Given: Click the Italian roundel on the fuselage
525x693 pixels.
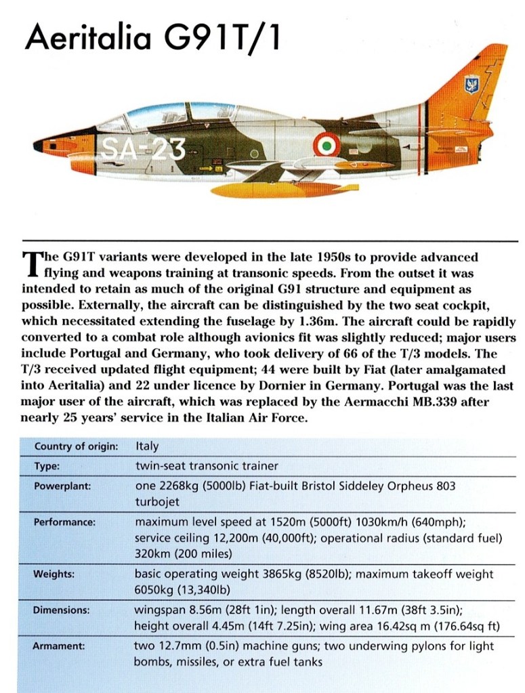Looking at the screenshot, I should coord(327,144).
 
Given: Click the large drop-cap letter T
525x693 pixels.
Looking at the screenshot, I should coord(31,265).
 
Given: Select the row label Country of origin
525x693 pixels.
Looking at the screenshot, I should coord(76,446).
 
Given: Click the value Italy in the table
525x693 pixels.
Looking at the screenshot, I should coord(147,446).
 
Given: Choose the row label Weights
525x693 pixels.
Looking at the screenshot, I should coord(53,574).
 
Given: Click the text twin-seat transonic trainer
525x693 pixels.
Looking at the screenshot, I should coord(206,466).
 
